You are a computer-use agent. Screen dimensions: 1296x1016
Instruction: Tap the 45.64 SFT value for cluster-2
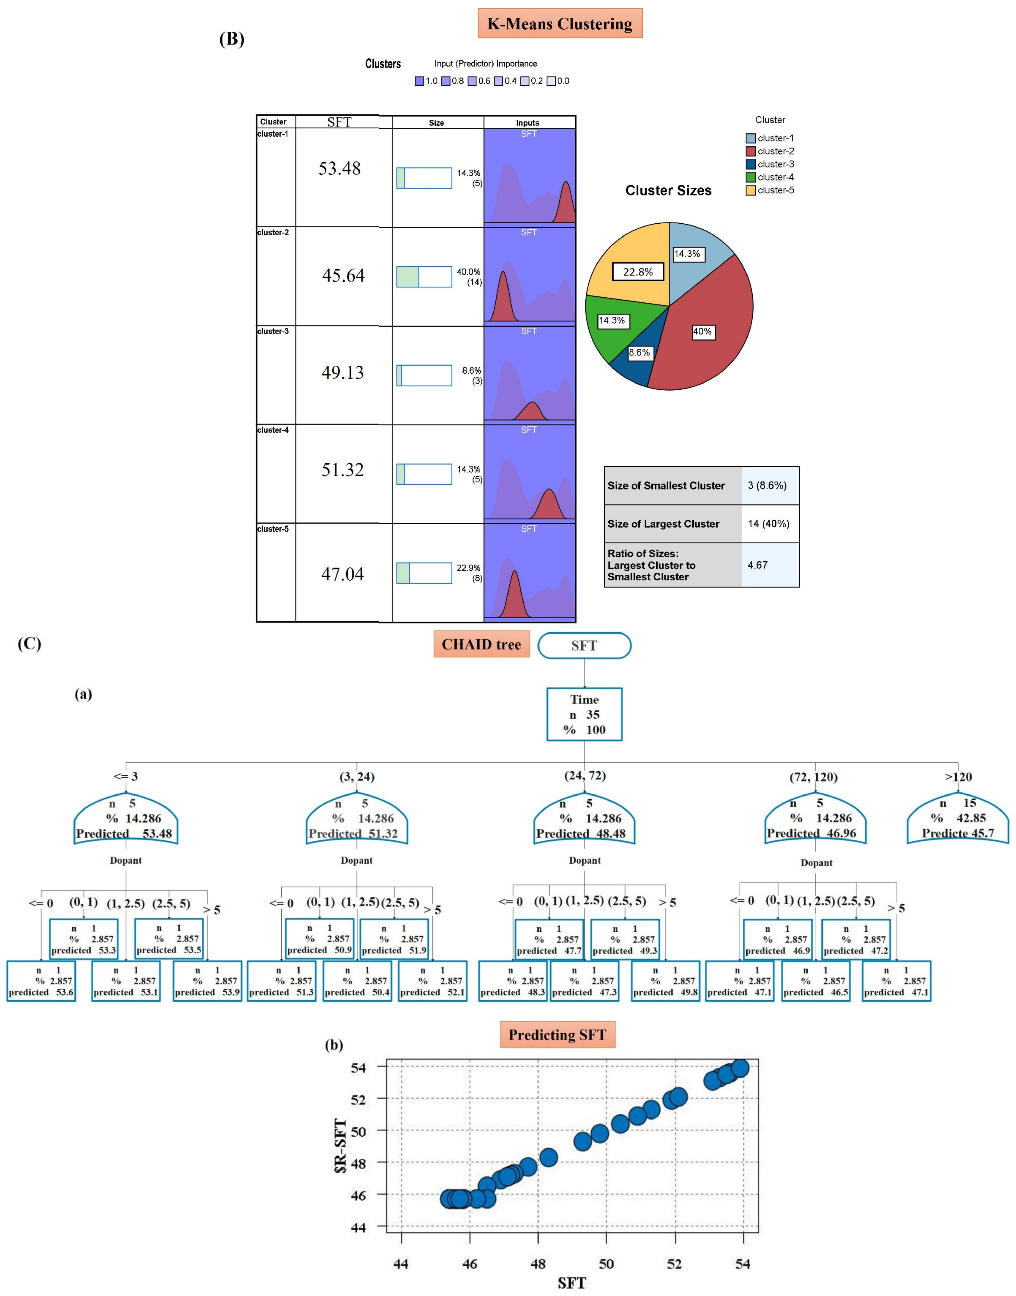343,275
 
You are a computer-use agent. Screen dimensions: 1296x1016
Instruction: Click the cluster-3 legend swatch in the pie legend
751,164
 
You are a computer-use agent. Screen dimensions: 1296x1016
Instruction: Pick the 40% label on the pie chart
703,331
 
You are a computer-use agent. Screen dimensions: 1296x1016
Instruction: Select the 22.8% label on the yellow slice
638,272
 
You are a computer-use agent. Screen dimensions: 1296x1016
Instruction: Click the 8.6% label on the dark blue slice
639,352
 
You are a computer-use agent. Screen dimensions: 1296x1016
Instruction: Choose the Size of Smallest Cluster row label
666,485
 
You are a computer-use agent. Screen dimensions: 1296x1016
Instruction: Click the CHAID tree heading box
481,644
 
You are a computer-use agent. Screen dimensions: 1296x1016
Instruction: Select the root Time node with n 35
584,714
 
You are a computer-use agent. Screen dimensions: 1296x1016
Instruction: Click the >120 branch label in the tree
958,776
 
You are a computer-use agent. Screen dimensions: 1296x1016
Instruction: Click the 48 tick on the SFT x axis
538,1264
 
